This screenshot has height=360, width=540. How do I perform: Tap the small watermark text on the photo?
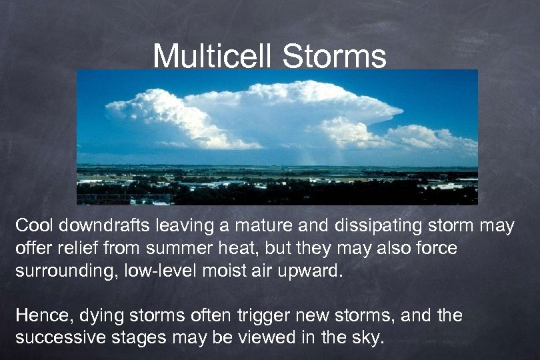(124, 199)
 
